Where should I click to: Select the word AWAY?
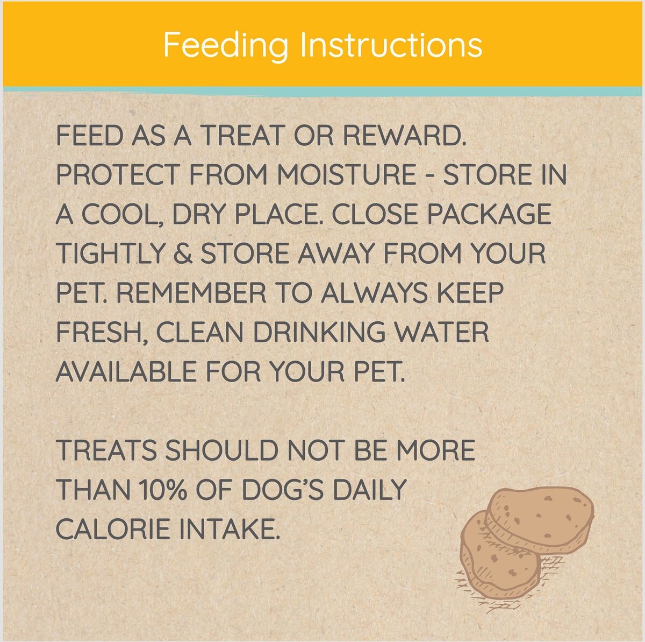click(335, 253)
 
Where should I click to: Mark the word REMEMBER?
click(191, 292)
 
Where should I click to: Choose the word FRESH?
click(101, 333)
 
